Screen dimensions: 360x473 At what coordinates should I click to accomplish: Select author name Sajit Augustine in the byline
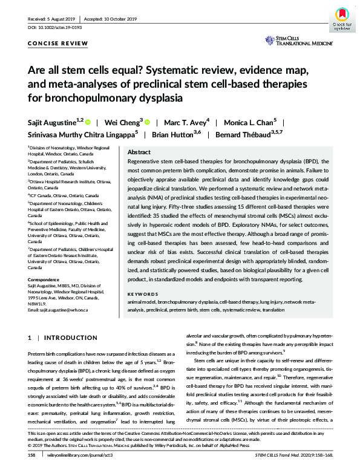pyautogui.click(x=53, y=122)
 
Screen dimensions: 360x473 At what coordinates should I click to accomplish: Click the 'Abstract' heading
pyautogui.click(x=140, y=152)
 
